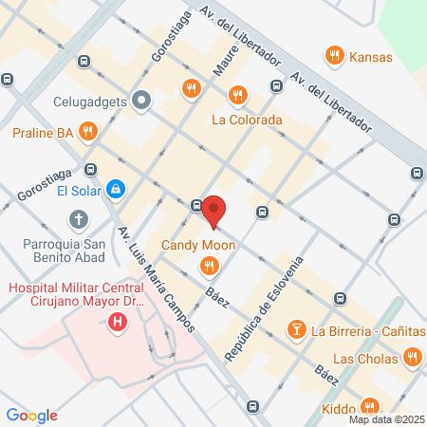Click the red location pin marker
[x=213, y=211]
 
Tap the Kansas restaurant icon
[x=333, y=57]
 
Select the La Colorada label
[x=247, y=121]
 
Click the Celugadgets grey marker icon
[x=142, y=99]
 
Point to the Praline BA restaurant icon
[x=88, y=132]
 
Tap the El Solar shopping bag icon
[x=115, y=190]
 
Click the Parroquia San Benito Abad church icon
[x=78, y=221]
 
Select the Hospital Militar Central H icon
[x=118, y=323]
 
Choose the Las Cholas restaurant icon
[x=412, y=358]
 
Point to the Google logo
[x=32, y=415]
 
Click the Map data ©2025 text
[x=385, y=418]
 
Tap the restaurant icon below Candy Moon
[x=206, y=265]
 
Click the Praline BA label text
[x=43, y=133]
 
